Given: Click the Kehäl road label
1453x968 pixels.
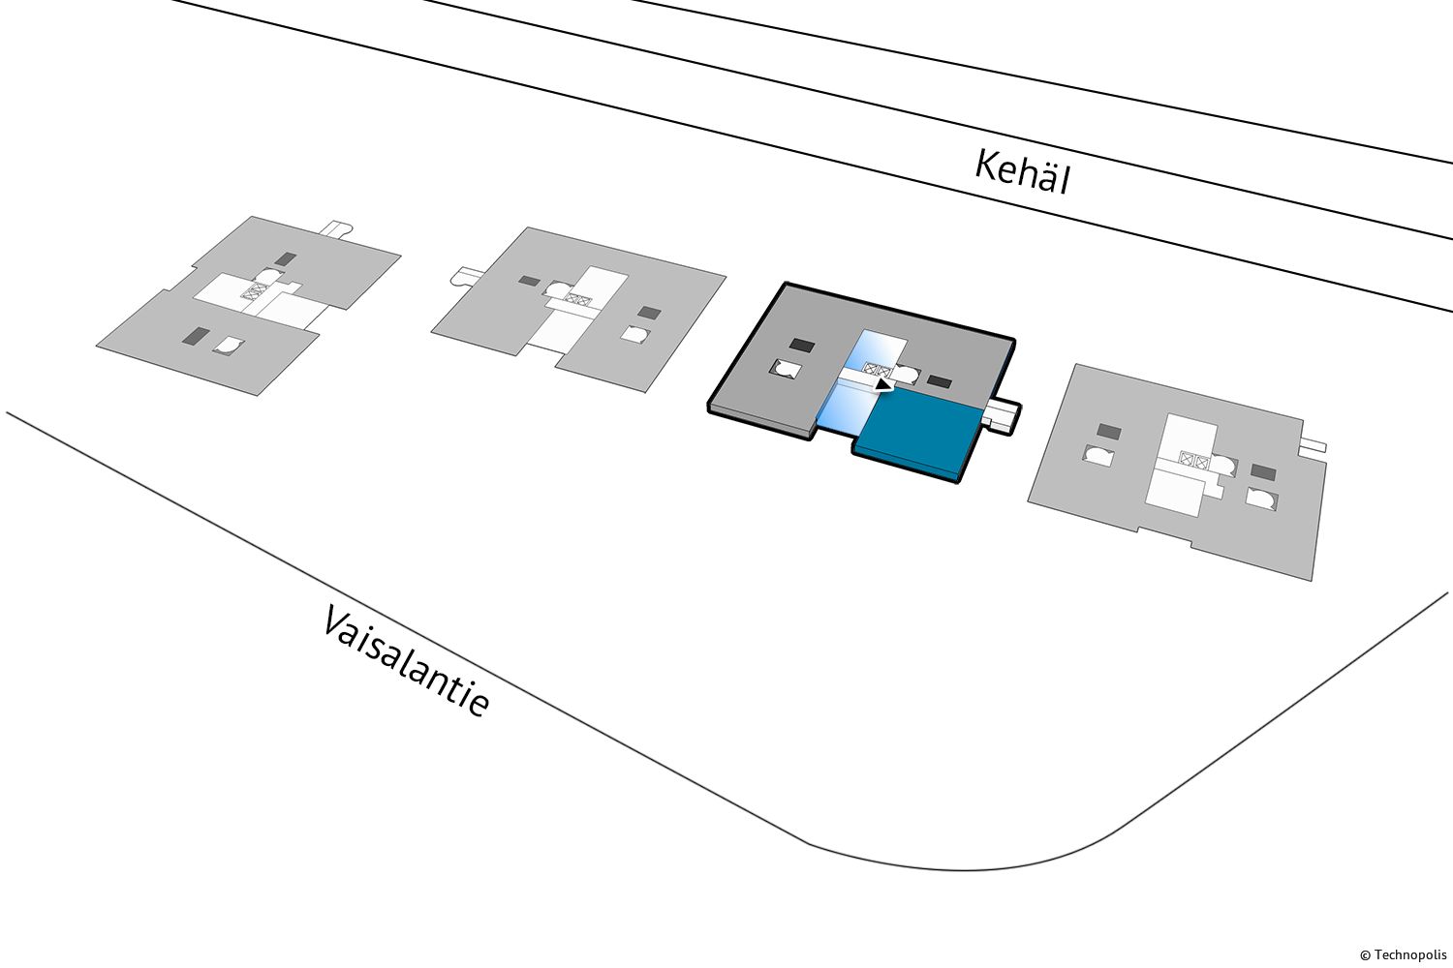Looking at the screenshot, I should tap(1022, 172).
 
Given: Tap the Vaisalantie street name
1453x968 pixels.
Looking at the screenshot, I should tap(405, 662).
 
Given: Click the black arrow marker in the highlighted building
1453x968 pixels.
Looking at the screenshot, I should tap(882, 384).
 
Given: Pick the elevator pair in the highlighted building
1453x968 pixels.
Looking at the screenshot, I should tap(877, 369).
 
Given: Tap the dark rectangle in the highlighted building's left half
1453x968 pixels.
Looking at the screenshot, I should tap(801, 345).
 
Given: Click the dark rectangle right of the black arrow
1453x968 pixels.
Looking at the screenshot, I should tap(939, 380).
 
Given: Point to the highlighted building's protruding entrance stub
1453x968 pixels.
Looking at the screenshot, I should tap(1003, 415).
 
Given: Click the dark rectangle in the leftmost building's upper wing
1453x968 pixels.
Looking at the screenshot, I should tap(285, 259).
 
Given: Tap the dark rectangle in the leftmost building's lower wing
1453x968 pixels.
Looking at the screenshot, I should tap(196, 336).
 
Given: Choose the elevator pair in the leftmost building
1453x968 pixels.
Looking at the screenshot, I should tap(253, 289).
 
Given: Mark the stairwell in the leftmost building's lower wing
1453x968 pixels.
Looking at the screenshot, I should tap(230, 345).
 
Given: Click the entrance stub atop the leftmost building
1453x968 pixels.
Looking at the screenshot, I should tap(336, 229).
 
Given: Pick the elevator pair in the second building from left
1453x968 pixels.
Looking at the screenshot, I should tap(577, 299).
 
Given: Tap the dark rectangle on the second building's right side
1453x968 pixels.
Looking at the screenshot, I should tap(649, 313).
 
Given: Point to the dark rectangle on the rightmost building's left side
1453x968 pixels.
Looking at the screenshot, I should tap(1109, 431).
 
